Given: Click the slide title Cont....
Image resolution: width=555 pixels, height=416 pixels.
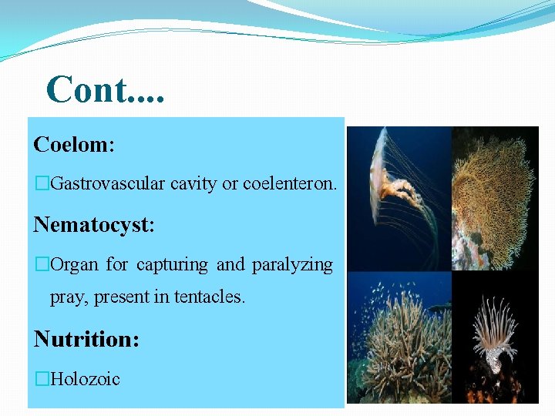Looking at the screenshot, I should pyautogui.click(x=104, y=89).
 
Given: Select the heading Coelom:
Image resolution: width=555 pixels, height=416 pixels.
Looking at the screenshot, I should pyautogui.click(x=74, y=144).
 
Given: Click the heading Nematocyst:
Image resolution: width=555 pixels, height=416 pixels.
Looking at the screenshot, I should pyautogui.click(x=94, y=224).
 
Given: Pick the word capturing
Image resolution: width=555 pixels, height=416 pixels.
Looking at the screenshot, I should pyautogui.click(x=172, y=265).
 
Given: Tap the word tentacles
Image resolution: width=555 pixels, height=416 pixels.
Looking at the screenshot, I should pyautogui.click(x=209, y=297).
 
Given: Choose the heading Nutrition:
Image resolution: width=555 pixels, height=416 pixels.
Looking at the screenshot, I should pyautogui.click(x=86, y=338).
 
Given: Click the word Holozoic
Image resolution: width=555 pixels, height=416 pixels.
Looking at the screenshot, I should pyautogui.click(x=85, y=378).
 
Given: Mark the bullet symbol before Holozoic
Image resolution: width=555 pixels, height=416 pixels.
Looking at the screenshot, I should pyautogui.click(x=42, y=378).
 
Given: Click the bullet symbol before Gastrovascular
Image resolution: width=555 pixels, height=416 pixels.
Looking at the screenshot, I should pyautogui.click(x=42, y=183).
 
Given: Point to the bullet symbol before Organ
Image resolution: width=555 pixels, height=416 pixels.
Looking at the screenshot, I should pyautogui.click(x=42, y=265).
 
